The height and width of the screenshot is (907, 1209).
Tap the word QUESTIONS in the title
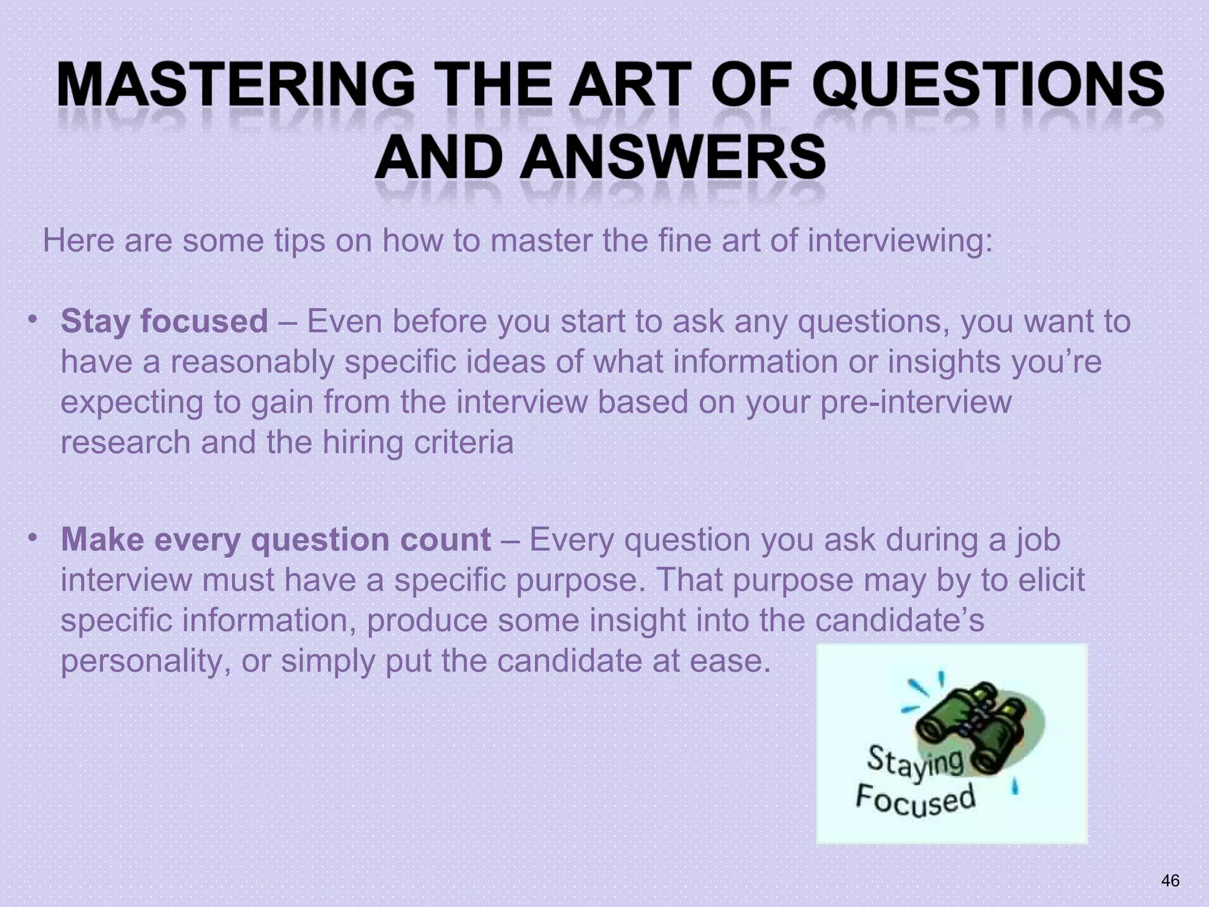[x=992, y=86]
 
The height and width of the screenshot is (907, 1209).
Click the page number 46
[x=1170, y=880]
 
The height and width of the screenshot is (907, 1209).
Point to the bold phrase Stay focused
[x=164, y=321]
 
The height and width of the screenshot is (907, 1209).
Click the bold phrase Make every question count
[x=276, y=539]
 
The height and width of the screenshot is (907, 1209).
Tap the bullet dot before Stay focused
[x=33, y=319]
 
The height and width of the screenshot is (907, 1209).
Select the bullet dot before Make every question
[x=33, y=537]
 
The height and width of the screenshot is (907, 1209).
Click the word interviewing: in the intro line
[x=900, y=241]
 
